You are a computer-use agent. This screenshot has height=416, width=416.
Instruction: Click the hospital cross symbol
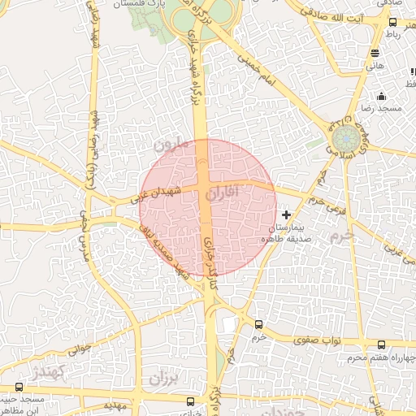coord(286,214)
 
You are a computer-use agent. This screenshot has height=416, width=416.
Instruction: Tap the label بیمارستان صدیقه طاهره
coord(286,234)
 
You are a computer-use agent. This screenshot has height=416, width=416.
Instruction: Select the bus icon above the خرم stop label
coord(258,323)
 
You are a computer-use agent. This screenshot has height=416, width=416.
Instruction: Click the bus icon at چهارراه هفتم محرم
coord(383,344)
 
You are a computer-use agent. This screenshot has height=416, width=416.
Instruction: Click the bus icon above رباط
coord(393,24)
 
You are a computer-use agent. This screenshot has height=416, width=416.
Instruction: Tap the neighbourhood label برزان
coord(162,379)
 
